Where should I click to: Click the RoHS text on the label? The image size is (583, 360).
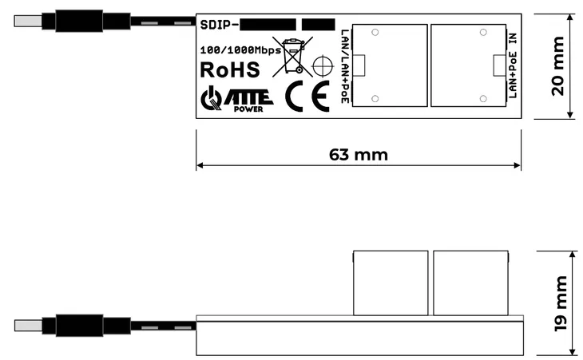(x=229, y=69)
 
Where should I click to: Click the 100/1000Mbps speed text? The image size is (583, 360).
(x=240, y=49)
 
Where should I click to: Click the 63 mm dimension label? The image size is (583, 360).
(x=358, y=154)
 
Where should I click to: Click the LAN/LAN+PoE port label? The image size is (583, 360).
(x=343, y=65)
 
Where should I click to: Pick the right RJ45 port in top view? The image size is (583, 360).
(x=470, y=65)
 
